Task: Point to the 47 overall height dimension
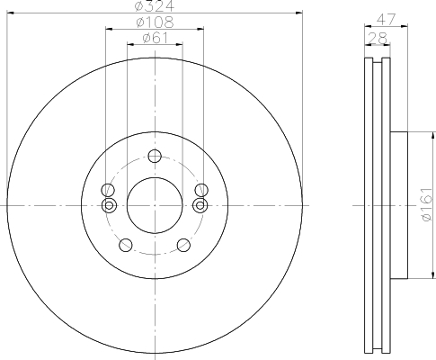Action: [386, 18]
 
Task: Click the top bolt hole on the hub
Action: [155, 155]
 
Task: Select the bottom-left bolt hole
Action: [126, 243]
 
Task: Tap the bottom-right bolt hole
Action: [183, 243]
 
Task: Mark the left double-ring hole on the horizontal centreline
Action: [109, 205]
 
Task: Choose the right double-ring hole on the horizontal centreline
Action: [200, 205]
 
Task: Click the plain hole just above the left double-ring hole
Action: [109, 190]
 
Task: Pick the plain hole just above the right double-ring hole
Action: [200, 190]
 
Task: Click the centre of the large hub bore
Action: [155, 204]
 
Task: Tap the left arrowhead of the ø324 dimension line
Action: [8, 12]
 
